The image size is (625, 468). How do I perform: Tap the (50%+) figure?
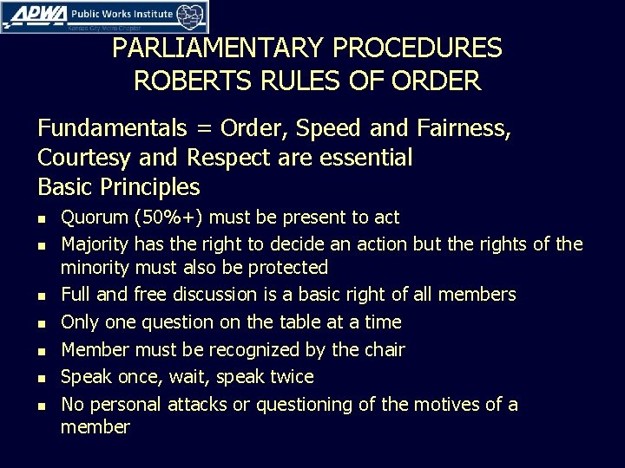tap(172, 218)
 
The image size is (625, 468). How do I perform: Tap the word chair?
tap(383, 350)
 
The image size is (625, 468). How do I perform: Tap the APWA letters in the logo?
tap(32, 16)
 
